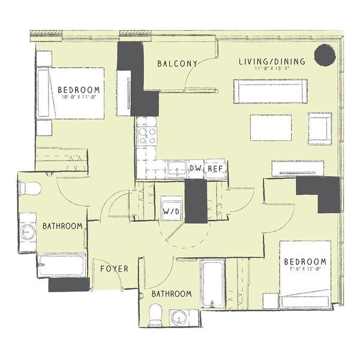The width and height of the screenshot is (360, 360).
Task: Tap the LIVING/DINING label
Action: coord(272,61)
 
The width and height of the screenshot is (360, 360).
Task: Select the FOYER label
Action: coord(114,269)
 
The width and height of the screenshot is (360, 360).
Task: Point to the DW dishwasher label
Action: coord(195,169)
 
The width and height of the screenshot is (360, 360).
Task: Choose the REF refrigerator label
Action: coord(215,169)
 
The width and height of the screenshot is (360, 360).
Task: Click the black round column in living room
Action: coord(326,56)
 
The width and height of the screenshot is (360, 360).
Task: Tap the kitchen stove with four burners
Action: coord(146,136)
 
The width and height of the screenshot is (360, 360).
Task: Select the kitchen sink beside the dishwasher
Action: coord(176,169)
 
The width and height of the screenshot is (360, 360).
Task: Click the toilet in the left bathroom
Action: coord(29,189)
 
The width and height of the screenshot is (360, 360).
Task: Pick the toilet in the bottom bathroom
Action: coord(155,314)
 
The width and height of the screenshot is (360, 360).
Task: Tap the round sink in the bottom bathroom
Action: coord(179,317)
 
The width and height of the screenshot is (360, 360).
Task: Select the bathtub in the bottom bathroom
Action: coord(211,283)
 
